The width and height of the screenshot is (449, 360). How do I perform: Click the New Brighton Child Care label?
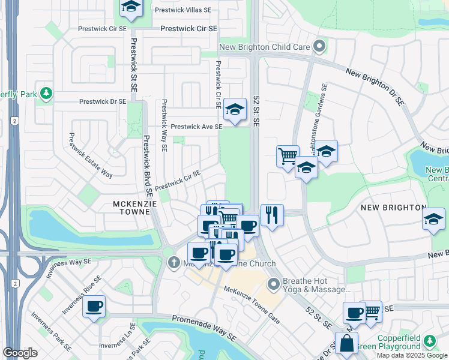pyautogui.click(x=264, y=47)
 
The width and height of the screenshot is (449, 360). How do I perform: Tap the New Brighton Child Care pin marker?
pyautogui.click(x=319, y=46)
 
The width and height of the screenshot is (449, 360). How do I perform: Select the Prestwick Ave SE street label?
pyautogui.click(x=196, y=127)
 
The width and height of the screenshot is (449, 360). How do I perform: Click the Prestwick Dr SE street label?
pyautogui.click(x=103, y=102)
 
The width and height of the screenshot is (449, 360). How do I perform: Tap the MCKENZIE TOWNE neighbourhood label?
pyautogui.click(x=131, y=208)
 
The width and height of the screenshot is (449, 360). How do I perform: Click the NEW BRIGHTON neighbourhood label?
pyautogui.click(x=393, y=208)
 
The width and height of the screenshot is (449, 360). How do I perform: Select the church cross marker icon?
pyautogui.click(x=174, y=263)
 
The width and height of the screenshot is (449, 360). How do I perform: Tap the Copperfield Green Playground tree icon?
pyautogui.click(x=430, y=341)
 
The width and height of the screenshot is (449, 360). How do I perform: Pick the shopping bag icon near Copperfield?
pyautogui.click(x=346, y=344)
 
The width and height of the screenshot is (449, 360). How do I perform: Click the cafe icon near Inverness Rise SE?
pyautogui.click(x=94, y=307)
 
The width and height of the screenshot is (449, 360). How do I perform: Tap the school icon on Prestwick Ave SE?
pyautogui.click(x=235, y=110)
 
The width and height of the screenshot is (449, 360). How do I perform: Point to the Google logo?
pyautogui.click(x=20, y=352)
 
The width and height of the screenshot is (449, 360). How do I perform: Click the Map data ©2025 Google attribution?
pyautogui.click(x=412, y=355)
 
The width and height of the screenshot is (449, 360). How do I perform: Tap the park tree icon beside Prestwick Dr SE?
pyautogui.click(x=46, y=94)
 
